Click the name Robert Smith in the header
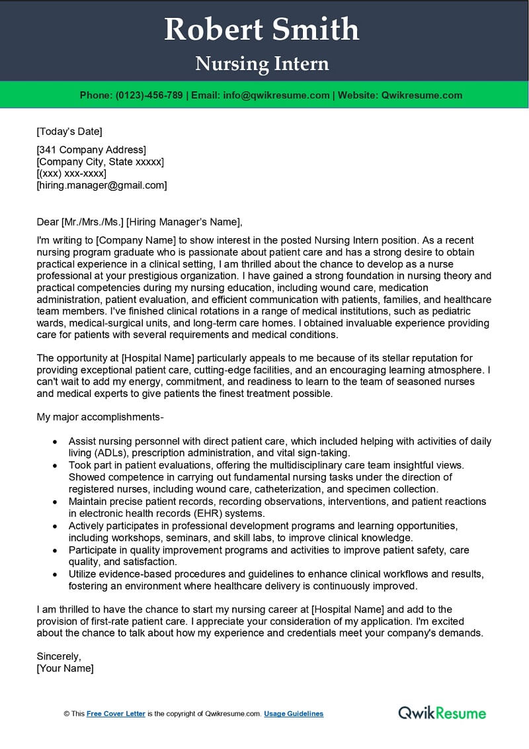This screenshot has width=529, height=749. [x=262, y=30]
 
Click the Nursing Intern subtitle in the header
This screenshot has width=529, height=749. [x=262, y=64]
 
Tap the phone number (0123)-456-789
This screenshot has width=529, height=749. [x=149, y=95]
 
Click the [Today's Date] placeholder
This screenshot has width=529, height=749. [x=69, y=131]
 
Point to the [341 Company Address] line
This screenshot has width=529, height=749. [x=91, y=150]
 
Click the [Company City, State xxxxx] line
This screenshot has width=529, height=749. [x=100, y=161]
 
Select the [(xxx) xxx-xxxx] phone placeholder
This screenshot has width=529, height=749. [x=71, y=173]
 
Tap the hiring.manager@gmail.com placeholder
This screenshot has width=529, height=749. [x=102, y=185]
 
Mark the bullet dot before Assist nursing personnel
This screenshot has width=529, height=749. [x=55, y=441]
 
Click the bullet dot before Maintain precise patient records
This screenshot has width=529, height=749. [x=55, y=502]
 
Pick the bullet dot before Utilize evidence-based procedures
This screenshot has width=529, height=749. [x=55, y=574]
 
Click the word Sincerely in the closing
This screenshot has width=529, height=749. [x=59, y=656]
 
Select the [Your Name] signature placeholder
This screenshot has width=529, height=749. [x=65, y=668]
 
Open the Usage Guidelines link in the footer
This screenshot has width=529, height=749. [x=294, y=714]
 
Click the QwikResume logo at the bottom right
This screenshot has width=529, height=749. [x=442, y=713]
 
